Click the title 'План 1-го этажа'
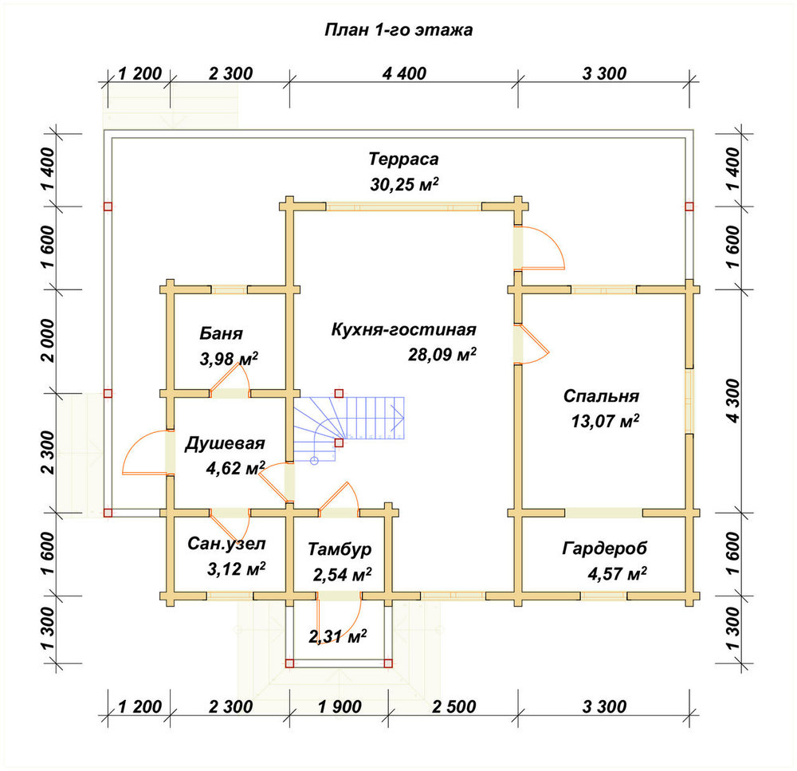point(398,30)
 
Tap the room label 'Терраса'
point(403,159)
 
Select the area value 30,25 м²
point(404,184)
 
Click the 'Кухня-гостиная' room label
point(404,329)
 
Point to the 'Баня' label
point(221,333)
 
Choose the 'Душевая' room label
point(225,443)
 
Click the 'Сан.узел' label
point(226,544)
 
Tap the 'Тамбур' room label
point(340,549)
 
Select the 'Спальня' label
point(601,396)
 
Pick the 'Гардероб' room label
point(605,549)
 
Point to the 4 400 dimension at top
point(404,73)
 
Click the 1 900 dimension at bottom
point(340,706)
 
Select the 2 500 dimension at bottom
point(454,706)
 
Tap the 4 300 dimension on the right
point(733,401)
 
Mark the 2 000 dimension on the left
point(48,340)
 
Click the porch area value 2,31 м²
point(338,636)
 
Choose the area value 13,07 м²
point(605,422)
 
